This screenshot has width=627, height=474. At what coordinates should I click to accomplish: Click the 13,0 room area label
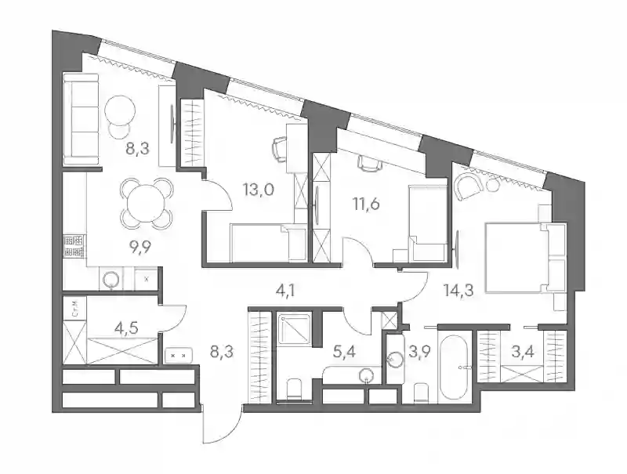259,190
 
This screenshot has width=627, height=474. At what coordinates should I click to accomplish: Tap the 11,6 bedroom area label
366,204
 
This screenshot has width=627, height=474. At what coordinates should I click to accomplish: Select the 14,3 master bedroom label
458,290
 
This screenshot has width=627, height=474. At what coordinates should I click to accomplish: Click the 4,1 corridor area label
285,290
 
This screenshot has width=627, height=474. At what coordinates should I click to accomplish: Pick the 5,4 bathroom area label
344,352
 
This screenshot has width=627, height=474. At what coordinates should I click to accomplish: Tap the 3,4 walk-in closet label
523,353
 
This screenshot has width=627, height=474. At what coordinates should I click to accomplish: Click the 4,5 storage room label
126,328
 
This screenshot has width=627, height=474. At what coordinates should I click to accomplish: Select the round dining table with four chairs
147,204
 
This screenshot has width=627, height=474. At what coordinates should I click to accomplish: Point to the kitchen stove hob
74,246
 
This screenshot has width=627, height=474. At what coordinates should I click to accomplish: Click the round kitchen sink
111,279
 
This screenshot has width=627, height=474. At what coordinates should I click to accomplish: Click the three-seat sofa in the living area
82,119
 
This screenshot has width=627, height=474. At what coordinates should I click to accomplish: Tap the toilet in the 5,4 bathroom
295,389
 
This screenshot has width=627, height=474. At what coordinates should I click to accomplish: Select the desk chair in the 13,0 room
280,149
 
